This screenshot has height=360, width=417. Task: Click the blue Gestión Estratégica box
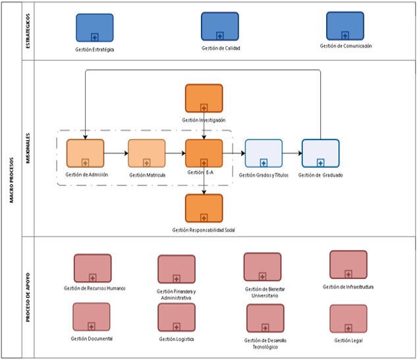pyautogui.click(x=94, y=28)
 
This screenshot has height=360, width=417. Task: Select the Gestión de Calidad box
pyautogui.click(x=219, y=26)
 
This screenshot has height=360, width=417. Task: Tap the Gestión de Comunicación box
pyautogui.click(x=345, y=26)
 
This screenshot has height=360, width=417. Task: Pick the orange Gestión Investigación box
pyautogui.click(x=204, y=98)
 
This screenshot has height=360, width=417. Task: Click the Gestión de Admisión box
pyautogui.click(x=85, y=153)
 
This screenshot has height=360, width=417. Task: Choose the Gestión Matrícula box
pyautogui.click(x=146, y=153)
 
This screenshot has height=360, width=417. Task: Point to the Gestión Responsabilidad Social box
pyautogui.click(x=204, y=208)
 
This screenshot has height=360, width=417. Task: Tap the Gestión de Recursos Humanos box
pyautogui.click(x=93, y=268)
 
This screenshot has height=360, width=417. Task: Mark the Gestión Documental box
pyautogui.click(x=92, y=317)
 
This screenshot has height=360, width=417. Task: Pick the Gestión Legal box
pyautogui.click(x=348, y=319)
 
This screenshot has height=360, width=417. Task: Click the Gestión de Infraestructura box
pyautogui.click(x=348, y=265)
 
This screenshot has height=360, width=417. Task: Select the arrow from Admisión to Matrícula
pyautogui.click(x=116, y=153)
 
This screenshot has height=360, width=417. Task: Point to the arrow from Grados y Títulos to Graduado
pyautogui.click(x=292, y=153)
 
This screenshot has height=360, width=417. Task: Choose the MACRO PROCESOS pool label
pyautogui.click(x=12, y=179)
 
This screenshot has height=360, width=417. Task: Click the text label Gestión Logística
pyautogui.click(x=177, y=339)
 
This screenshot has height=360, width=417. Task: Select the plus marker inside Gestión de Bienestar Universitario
pyautogui.click(x=263, y=276)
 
